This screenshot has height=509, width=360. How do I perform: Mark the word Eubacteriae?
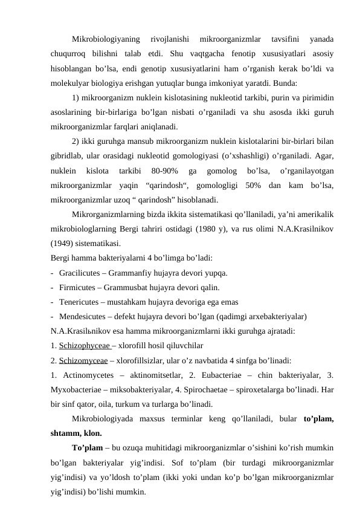click(x=235, y=375)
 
